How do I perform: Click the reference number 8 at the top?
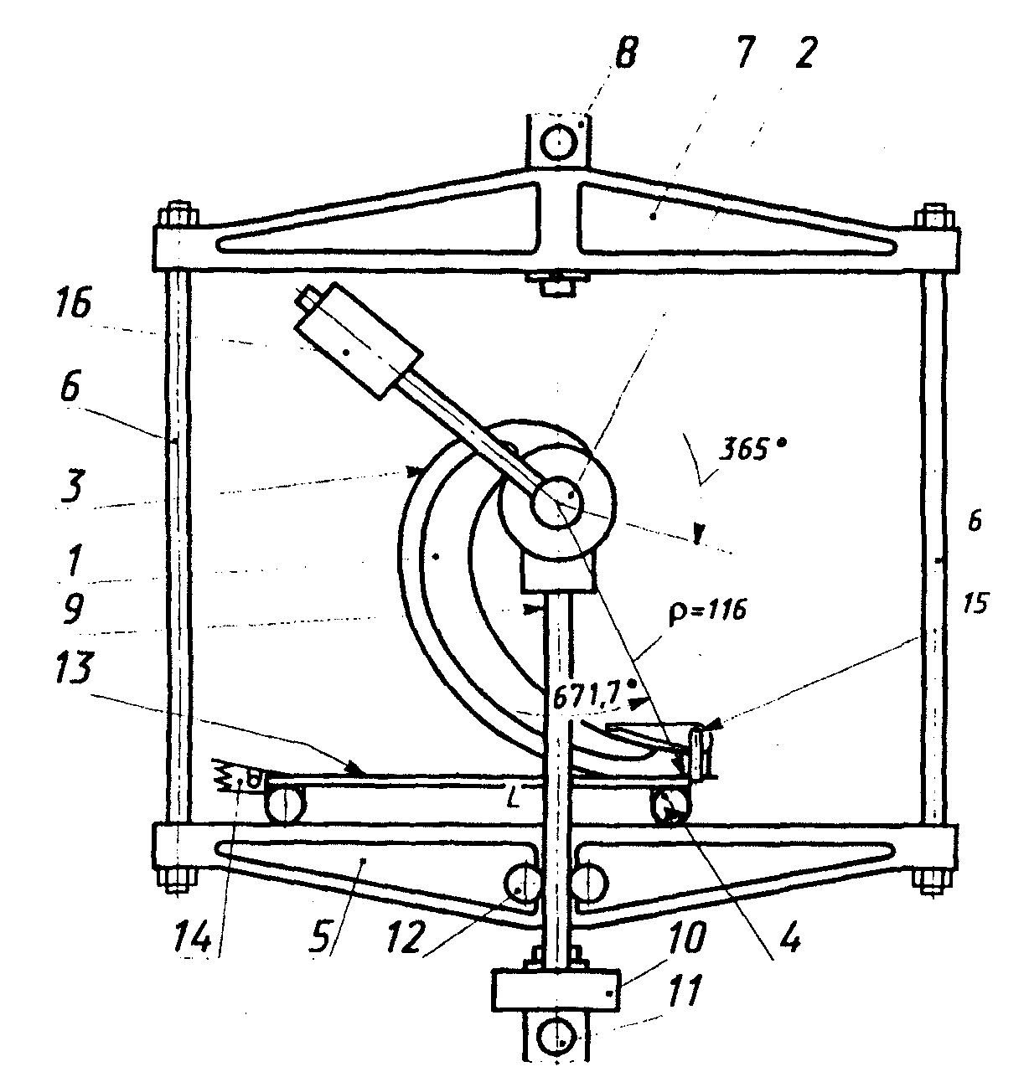pos(625,54)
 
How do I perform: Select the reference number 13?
pos(75,669)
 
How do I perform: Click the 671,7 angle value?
pos(589,698)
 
